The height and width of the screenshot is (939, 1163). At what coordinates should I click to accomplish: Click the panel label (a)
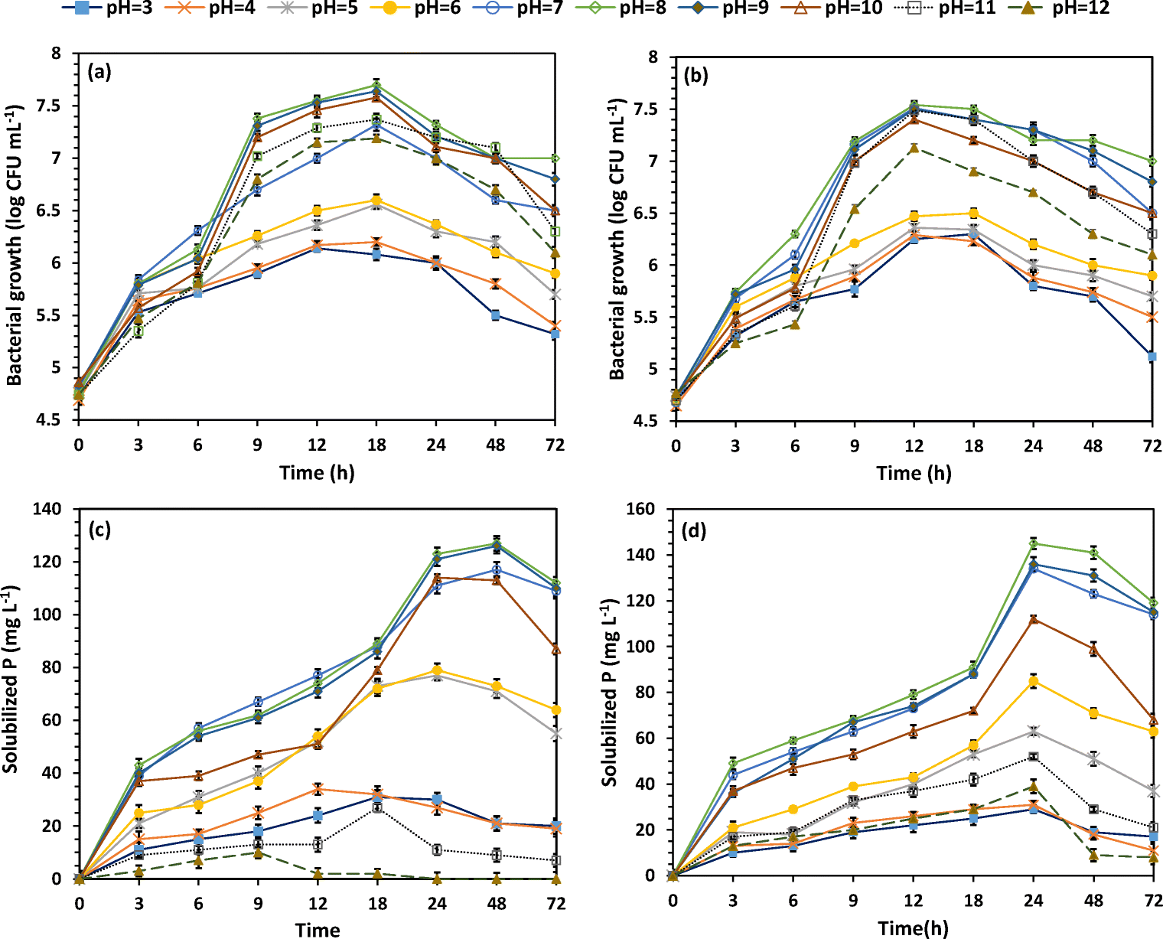click(x=99, y=73)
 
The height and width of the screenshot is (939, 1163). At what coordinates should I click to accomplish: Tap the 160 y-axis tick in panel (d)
click(x=640, y=509)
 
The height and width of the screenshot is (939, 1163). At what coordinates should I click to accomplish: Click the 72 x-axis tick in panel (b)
click(x=1152, y=446)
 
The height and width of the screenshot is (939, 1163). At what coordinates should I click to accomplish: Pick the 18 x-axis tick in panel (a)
click(x=376, y=445)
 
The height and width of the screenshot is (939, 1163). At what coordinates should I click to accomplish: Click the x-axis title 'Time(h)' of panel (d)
click(x=914, y=928)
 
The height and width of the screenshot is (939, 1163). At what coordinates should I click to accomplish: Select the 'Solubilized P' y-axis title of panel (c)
click(x=11, y=679)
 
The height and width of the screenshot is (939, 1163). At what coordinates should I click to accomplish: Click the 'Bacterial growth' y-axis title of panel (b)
click(x=617, y=239)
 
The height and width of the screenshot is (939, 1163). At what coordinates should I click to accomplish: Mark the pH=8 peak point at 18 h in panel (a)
click(x=376, y=84)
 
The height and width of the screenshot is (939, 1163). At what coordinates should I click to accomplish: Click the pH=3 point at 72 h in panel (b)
click(x=1152, y=357)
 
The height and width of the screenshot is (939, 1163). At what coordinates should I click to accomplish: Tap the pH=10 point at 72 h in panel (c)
click(x=556, y=650)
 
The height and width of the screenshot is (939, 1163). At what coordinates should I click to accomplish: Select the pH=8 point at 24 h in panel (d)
click(x=1034, y=543)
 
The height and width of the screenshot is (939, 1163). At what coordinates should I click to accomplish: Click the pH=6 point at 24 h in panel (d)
click(x=1034, y=681)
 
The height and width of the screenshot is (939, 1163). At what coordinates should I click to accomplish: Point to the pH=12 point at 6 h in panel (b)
click(x=795, y=324)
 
